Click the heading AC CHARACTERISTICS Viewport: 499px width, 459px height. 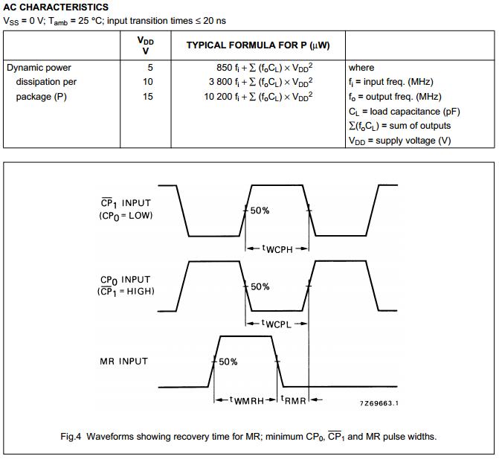coord(57,7)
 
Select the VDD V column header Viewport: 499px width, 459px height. coord(146,45)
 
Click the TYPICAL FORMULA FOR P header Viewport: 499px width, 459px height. coord(258,45)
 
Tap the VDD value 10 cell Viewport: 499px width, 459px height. coord(147,82)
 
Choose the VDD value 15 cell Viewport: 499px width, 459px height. coord(147,97)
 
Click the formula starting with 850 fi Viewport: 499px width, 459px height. coord(264,68)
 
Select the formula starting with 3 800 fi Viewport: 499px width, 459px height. coord(260,82)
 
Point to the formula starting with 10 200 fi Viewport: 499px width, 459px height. coord(258,97)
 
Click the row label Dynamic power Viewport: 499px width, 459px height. coord(39,68)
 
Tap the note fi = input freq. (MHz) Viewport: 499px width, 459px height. coord(390,82)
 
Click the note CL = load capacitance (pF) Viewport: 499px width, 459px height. coord(404,111)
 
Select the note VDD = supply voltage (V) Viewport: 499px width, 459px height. coord(399,140)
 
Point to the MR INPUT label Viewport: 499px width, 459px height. coord(123,361)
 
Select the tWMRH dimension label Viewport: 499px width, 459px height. coord(248,400)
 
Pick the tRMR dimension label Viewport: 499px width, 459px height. coord(294,400)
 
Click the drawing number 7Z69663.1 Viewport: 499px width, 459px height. coord(379,403)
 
